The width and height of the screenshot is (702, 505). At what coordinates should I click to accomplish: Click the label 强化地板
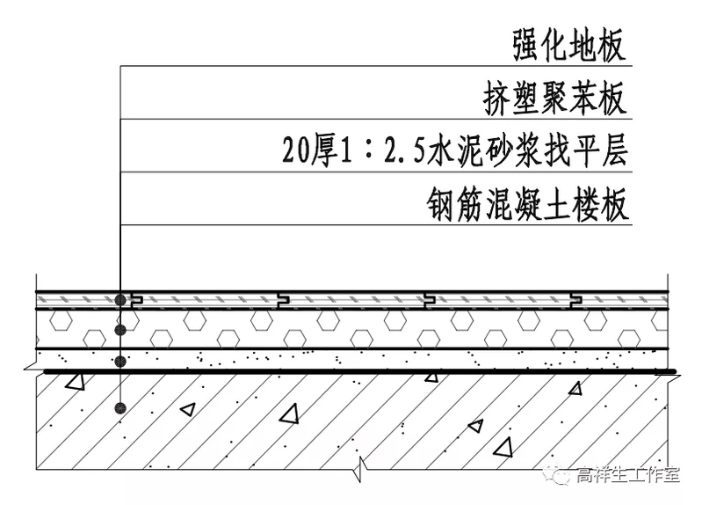tap(570, 45)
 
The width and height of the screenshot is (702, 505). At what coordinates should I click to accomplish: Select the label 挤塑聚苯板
tap(556, 99)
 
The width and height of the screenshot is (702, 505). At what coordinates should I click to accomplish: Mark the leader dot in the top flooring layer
tap(119, 300)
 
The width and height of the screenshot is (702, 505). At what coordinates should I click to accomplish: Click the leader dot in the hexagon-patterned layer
tap(119, 330)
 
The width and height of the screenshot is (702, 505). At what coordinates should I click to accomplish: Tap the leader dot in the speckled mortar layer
tap(119, 361)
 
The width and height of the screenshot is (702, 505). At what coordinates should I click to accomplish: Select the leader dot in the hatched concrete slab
tap(119, 407)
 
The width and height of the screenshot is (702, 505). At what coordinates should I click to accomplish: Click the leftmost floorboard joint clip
tap(135, 300)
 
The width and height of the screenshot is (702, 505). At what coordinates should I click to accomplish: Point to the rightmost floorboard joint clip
tap(575, 300)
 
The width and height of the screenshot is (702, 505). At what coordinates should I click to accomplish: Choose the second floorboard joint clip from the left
tap(282, 300)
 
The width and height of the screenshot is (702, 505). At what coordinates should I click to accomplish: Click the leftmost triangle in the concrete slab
tap(76, 382)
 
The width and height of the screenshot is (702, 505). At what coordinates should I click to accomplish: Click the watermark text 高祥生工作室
tap(628, 476)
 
